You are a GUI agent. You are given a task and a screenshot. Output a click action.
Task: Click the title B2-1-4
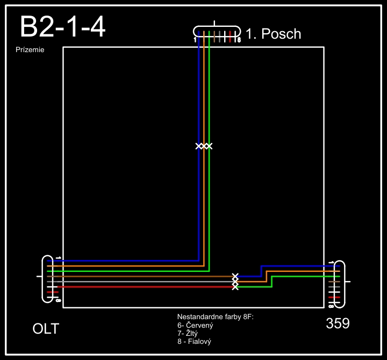[62, 27]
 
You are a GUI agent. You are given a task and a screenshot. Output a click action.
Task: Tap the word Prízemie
[30, 50]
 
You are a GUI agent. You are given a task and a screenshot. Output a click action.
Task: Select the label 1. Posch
[273, 34]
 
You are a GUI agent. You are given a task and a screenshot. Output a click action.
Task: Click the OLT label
[46, 329]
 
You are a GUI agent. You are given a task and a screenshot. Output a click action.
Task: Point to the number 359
[338, 323]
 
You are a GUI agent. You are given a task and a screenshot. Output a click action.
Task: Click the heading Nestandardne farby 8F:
[215, 317]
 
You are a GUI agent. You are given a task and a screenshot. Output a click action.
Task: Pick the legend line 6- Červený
[196, 326]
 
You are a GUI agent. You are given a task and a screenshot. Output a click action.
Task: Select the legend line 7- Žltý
[188, 334]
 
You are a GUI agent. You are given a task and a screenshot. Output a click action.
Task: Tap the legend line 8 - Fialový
[194, 342]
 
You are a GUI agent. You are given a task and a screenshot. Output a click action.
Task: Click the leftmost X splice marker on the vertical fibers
[199, 146]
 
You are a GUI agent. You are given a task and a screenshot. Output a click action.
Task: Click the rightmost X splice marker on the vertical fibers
[210, 146]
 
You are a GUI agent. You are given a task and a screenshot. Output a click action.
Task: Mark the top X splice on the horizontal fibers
[235, 276]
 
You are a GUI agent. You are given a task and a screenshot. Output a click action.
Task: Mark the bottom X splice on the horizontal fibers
[235, 287]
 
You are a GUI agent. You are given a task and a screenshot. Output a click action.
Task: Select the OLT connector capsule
[48, 278]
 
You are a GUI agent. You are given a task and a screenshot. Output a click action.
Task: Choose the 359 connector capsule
[339, 284]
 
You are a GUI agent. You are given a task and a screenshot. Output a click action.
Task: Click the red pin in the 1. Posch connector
[230, 37]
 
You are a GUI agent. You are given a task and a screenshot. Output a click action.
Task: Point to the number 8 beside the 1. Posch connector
[239, 40]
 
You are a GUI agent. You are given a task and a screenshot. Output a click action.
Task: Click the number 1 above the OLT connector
[58, 258]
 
